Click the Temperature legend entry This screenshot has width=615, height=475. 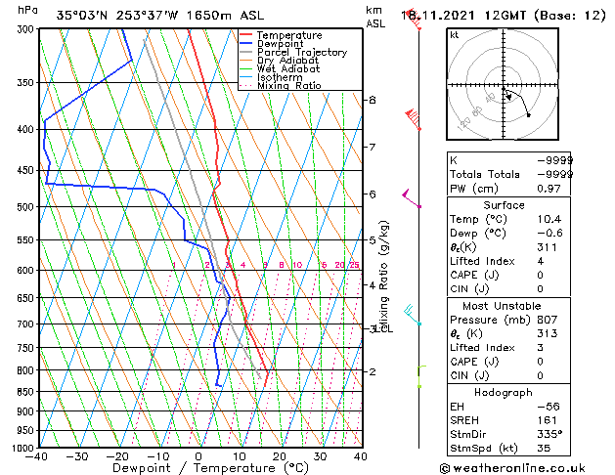[x=288, y=35]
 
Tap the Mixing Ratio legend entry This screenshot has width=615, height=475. [x=288, y=86]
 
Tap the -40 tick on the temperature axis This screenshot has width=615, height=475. [x=38, y=456]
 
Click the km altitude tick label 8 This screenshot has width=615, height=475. [x=373, y=100]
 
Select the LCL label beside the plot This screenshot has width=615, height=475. [x=384, y=328]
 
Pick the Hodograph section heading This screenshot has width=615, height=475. [x=505, y=392]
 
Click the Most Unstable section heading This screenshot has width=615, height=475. [x=505, y=304]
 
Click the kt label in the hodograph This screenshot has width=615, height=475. [x=455, y=34]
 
